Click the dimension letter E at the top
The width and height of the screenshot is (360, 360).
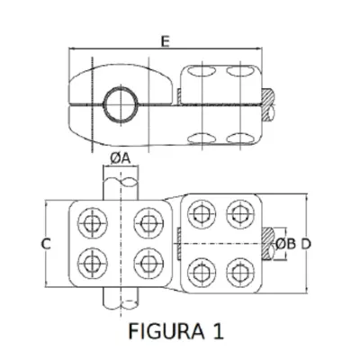click(x=165, y=41)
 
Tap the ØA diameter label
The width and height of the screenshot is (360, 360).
click(x=121, y=158)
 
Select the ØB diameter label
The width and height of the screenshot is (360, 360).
click(x=285, y=244)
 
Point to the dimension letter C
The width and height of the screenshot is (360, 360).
click(x=46, y=244)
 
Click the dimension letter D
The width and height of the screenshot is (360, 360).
click(x=306, y=244)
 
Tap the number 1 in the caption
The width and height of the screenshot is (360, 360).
click(x=219, y=331)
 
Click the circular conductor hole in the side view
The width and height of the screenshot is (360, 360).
click(x=121, y=104)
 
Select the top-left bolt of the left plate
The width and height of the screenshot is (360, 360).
click(x=93, y=223)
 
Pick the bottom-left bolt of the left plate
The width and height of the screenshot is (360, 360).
click(x=93, y=263)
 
